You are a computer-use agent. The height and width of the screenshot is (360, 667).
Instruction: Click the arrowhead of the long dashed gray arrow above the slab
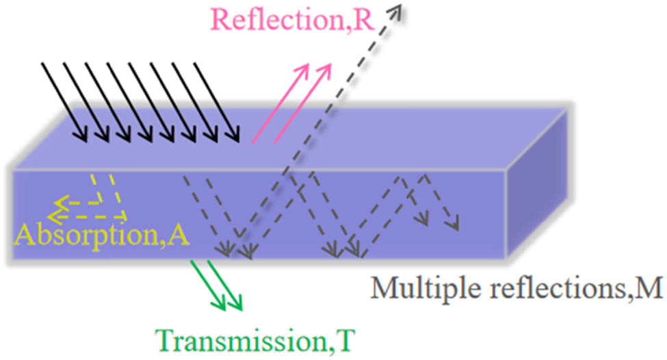click(396, 8)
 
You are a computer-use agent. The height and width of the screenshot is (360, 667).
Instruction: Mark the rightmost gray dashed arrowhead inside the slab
click(453, 224)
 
